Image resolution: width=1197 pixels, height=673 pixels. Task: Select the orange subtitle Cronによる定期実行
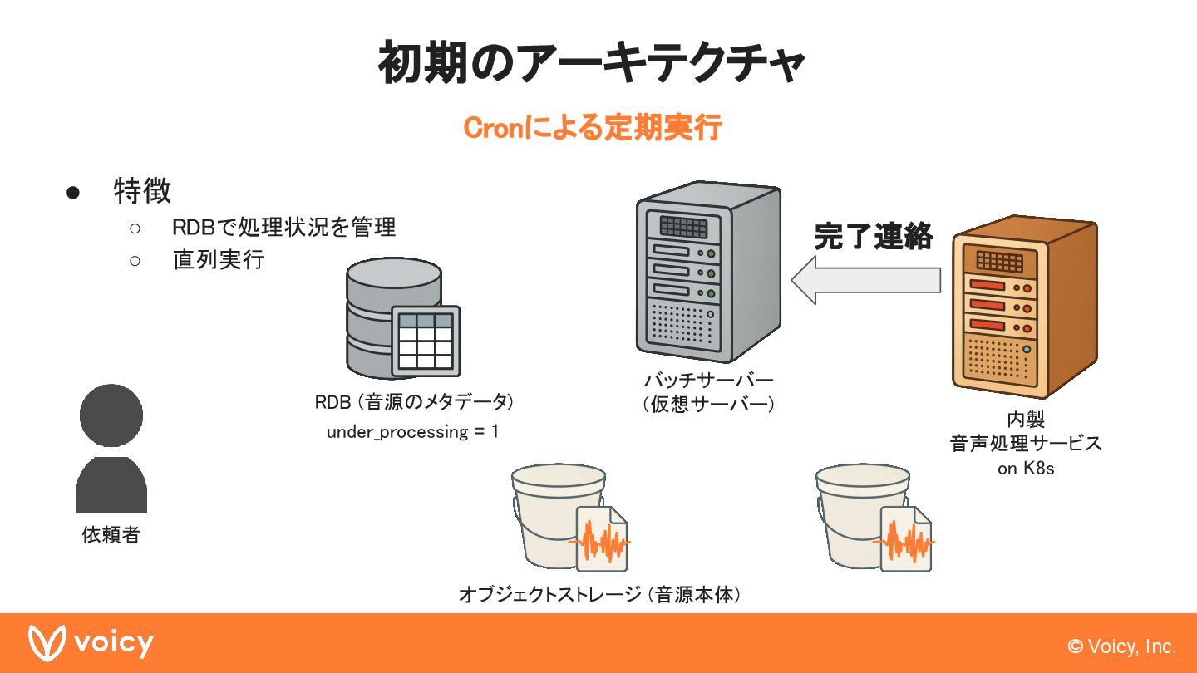tap(592, 129)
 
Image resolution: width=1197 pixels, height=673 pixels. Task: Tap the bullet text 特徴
tap(142, 191)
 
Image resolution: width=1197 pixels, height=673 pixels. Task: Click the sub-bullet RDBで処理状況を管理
tap(283, 227)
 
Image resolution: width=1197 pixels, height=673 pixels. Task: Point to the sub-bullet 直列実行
tap(218, 259)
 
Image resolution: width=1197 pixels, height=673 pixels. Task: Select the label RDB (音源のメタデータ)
tap(413, 402)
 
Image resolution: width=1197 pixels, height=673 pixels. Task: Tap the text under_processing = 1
tap(412, 432)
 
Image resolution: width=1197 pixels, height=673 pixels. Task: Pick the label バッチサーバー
tap(708, 381)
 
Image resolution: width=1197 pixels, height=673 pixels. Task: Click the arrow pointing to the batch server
tap(865, 280)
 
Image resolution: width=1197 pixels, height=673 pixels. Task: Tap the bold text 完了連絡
tap(873, 237)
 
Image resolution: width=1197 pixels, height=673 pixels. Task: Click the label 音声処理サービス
tap(1026, 443)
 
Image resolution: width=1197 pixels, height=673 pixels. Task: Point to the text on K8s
tap(1026, 469)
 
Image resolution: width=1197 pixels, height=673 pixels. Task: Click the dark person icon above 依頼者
tap(111, 449)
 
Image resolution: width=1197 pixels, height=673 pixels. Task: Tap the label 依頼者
tap(111, 534)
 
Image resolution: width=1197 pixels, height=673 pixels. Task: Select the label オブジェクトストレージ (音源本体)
tap(598, 595)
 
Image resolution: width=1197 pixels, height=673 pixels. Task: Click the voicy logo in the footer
tap(91, 644)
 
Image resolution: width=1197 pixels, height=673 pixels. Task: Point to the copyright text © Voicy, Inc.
tap(1121, 646)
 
